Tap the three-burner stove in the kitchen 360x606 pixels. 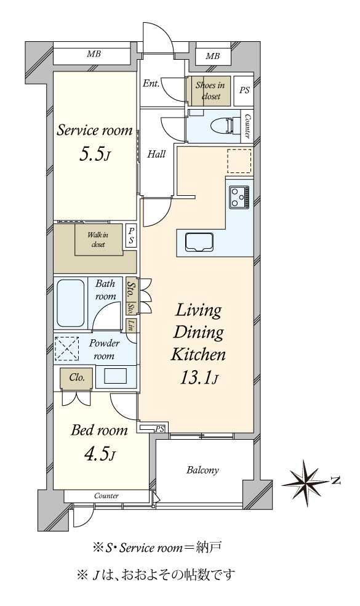(239, 196)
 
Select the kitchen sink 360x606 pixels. (199, 242)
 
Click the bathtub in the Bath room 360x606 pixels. (70, 304)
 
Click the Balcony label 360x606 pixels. (202, 471)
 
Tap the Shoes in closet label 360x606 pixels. (210, 91)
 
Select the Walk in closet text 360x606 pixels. (98, 240)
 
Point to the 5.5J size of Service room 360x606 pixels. (95, 155)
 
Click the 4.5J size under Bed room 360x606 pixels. (99, 454)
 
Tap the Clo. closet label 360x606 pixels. (77, 378)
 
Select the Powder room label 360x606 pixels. (104, 349)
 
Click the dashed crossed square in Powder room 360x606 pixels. (66, 349)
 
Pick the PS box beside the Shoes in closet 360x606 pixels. (244, 91)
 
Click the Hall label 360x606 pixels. (156, 154)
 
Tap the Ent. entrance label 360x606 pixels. (151, 83)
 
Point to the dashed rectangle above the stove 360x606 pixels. (239, 161)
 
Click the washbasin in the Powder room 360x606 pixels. (116, 376)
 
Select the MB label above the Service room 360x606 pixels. (94, 54)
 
